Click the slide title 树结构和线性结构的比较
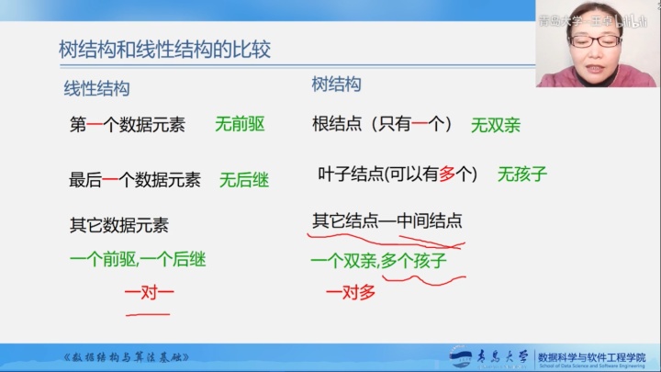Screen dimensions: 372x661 click(164, 49)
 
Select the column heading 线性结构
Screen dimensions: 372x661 click(96, 89)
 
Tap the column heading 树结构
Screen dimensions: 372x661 click(336, 85)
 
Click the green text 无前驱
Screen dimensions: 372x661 click(240, 123)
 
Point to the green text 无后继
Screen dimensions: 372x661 click(244, 180)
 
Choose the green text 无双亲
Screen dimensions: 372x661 click(495, 125)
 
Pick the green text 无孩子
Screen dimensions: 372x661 click(522, 173)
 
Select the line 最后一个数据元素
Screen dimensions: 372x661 click(135, 180)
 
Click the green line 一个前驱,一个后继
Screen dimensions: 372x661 click(138, 260)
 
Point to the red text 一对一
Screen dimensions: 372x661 click(148, 294)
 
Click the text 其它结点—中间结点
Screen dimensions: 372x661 click(387, 221)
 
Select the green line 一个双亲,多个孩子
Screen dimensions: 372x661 click(378, 261)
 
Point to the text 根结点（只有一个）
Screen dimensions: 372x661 click(385, 124)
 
